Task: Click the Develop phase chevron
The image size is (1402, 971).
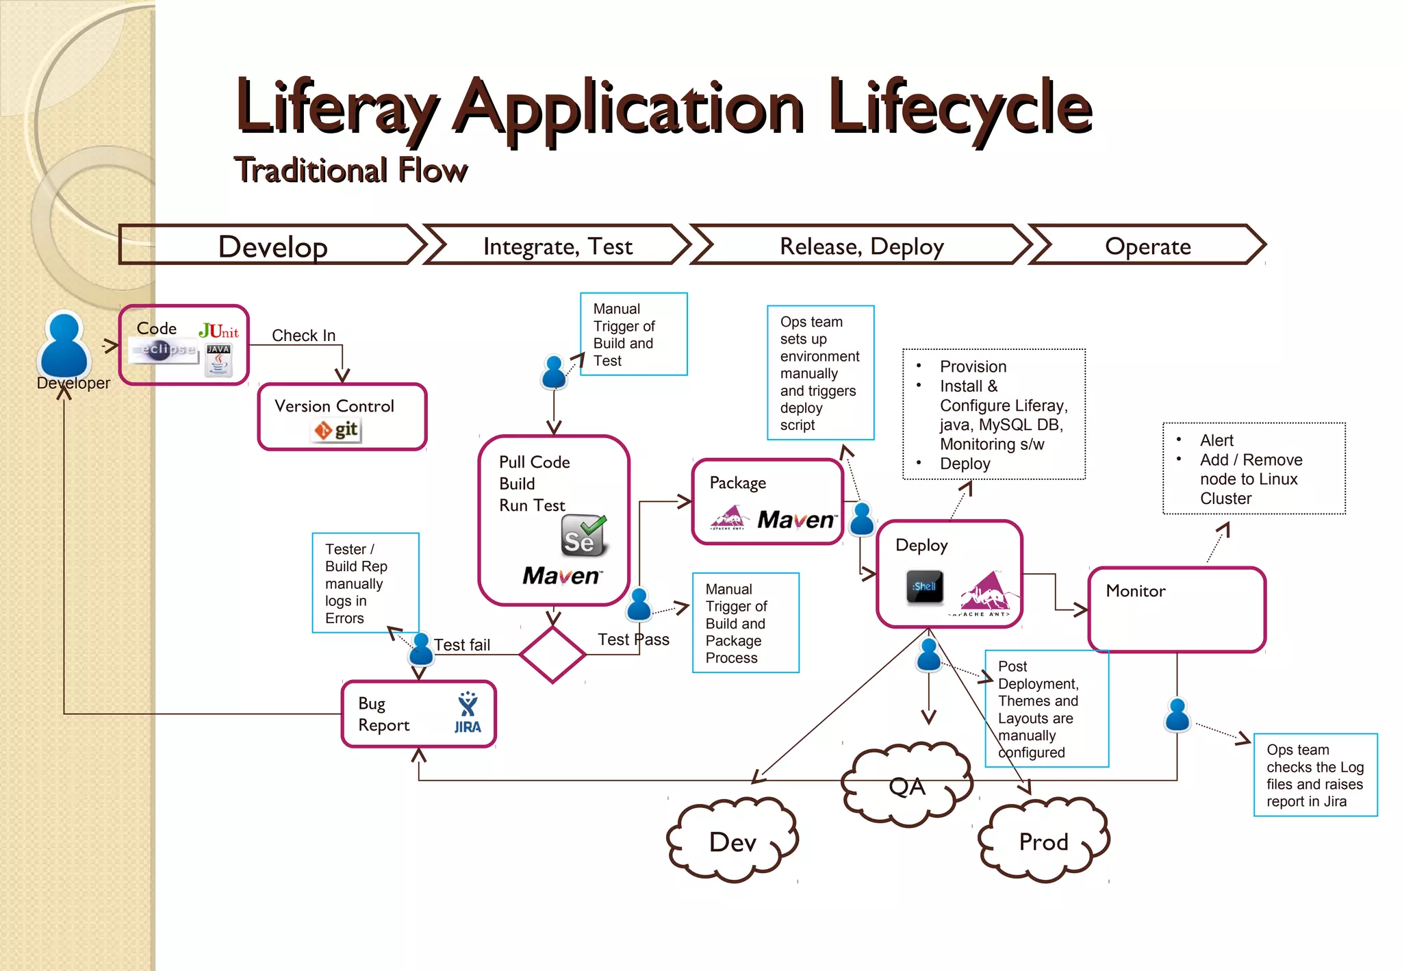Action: coord(272,246)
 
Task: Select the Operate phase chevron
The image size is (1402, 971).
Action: coord(1147,246)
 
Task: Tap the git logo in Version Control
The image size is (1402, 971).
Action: coord(337,430)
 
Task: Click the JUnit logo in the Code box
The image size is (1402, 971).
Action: coord(218,331)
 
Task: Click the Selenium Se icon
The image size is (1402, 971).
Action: coord(583,536)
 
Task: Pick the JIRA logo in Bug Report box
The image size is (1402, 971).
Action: coord(468,714)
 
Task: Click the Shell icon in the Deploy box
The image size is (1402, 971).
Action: coord(924,587)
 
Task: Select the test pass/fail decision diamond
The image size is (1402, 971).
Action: coord(552,655)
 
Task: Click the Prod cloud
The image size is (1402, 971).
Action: coord(1043,842)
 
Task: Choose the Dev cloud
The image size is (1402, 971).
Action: coord(732,842)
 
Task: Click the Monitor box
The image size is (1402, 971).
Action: coord(1176,609)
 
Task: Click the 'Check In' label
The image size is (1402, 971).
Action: coord(303,336)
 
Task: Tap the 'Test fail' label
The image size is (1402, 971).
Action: coord(462,645)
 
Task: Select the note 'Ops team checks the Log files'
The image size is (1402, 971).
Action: coord(1314,775)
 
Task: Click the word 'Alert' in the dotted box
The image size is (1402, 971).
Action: coord(1216,440)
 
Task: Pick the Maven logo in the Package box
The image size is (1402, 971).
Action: coord(796,520)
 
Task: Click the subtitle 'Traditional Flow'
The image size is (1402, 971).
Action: coord(350,170)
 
